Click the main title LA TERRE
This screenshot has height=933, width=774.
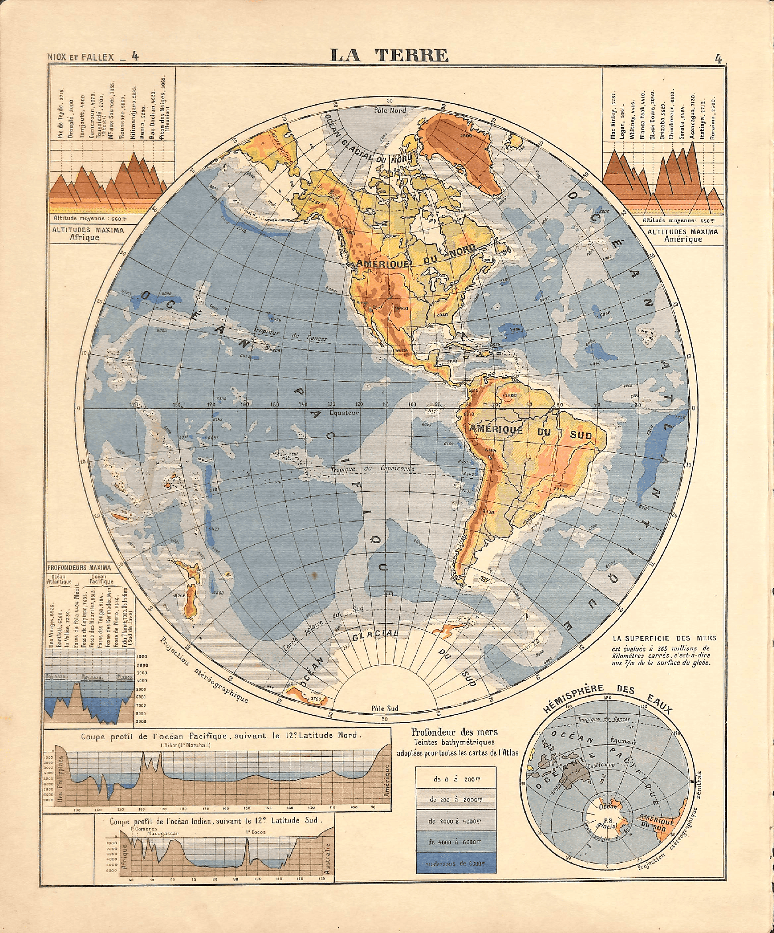coord(389,56)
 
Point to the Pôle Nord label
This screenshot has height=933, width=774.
coord(389,110)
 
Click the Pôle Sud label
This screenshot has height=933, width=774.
coord(385,708)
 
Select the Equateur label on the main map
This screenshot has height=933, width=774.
coord(344,413)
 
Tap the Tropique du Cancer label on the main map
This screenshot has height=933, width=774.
coord(291,335)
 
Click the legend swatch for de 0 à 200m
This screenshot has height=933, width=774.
coord(456,779)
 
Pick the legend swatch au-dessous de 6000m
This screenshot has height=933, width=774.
coord(456,864)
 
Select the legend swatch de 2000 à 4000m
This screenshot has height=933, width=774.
coord(456,822)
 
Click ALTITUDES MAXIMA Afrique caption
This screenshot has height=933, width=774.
coord(88,234)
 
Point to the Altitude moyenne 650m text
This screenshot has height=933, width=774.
coord(680,220)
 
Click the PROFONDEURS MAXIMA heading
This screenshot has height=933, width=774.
coord(79,567)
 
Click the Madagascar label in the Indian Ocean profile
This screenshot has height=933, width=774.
coord(163,834)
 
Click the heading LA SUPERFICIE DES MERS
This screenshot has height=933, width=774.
coord(664,638)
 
